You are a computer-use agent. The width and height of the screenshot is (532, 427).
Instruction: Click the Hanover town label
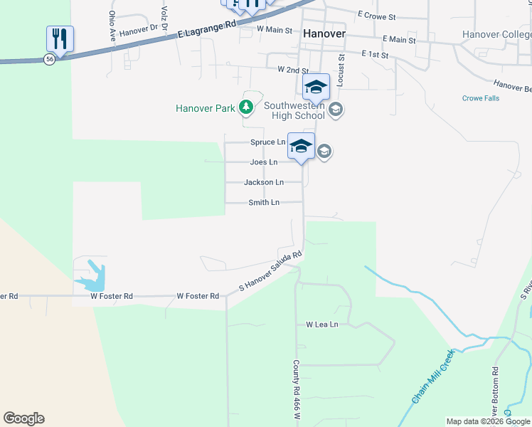(x=324, y=33)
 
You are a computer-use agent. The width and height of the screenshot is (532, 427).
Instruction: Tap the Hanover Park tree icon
(x=246, y=108)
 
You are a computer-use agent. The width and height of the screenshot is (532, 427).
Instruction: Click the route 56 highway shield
(x=49, y=60)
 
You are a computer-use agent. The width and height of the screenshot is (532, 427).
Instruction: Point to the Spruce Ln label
(x=267, y=142)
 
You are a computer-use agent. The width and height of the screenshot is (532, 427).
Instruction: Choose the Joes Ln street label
(x=263, y=162)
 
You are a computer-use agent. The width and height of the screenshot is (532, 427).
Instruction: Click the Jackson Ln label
(x=264, y=182)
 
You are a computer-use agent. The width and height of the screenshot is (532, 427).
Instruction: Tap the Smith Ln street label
(x=263, y=203)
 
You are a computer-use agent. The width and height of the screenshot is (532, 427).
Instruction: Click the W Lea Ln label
(x=321, y=325)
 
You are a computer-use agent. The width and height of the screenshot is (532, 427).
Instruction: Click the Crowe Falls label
(x=481, y=99)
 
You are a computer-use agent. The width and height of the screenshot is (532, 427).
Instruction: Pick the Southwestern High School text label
(x=294, y=111)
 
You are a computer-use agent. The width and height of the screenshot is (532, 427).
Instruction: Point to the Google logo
(x=23, y=418)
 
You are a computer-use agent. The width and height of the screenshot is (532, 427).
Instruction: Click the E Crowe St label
(x=377, y=14)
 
